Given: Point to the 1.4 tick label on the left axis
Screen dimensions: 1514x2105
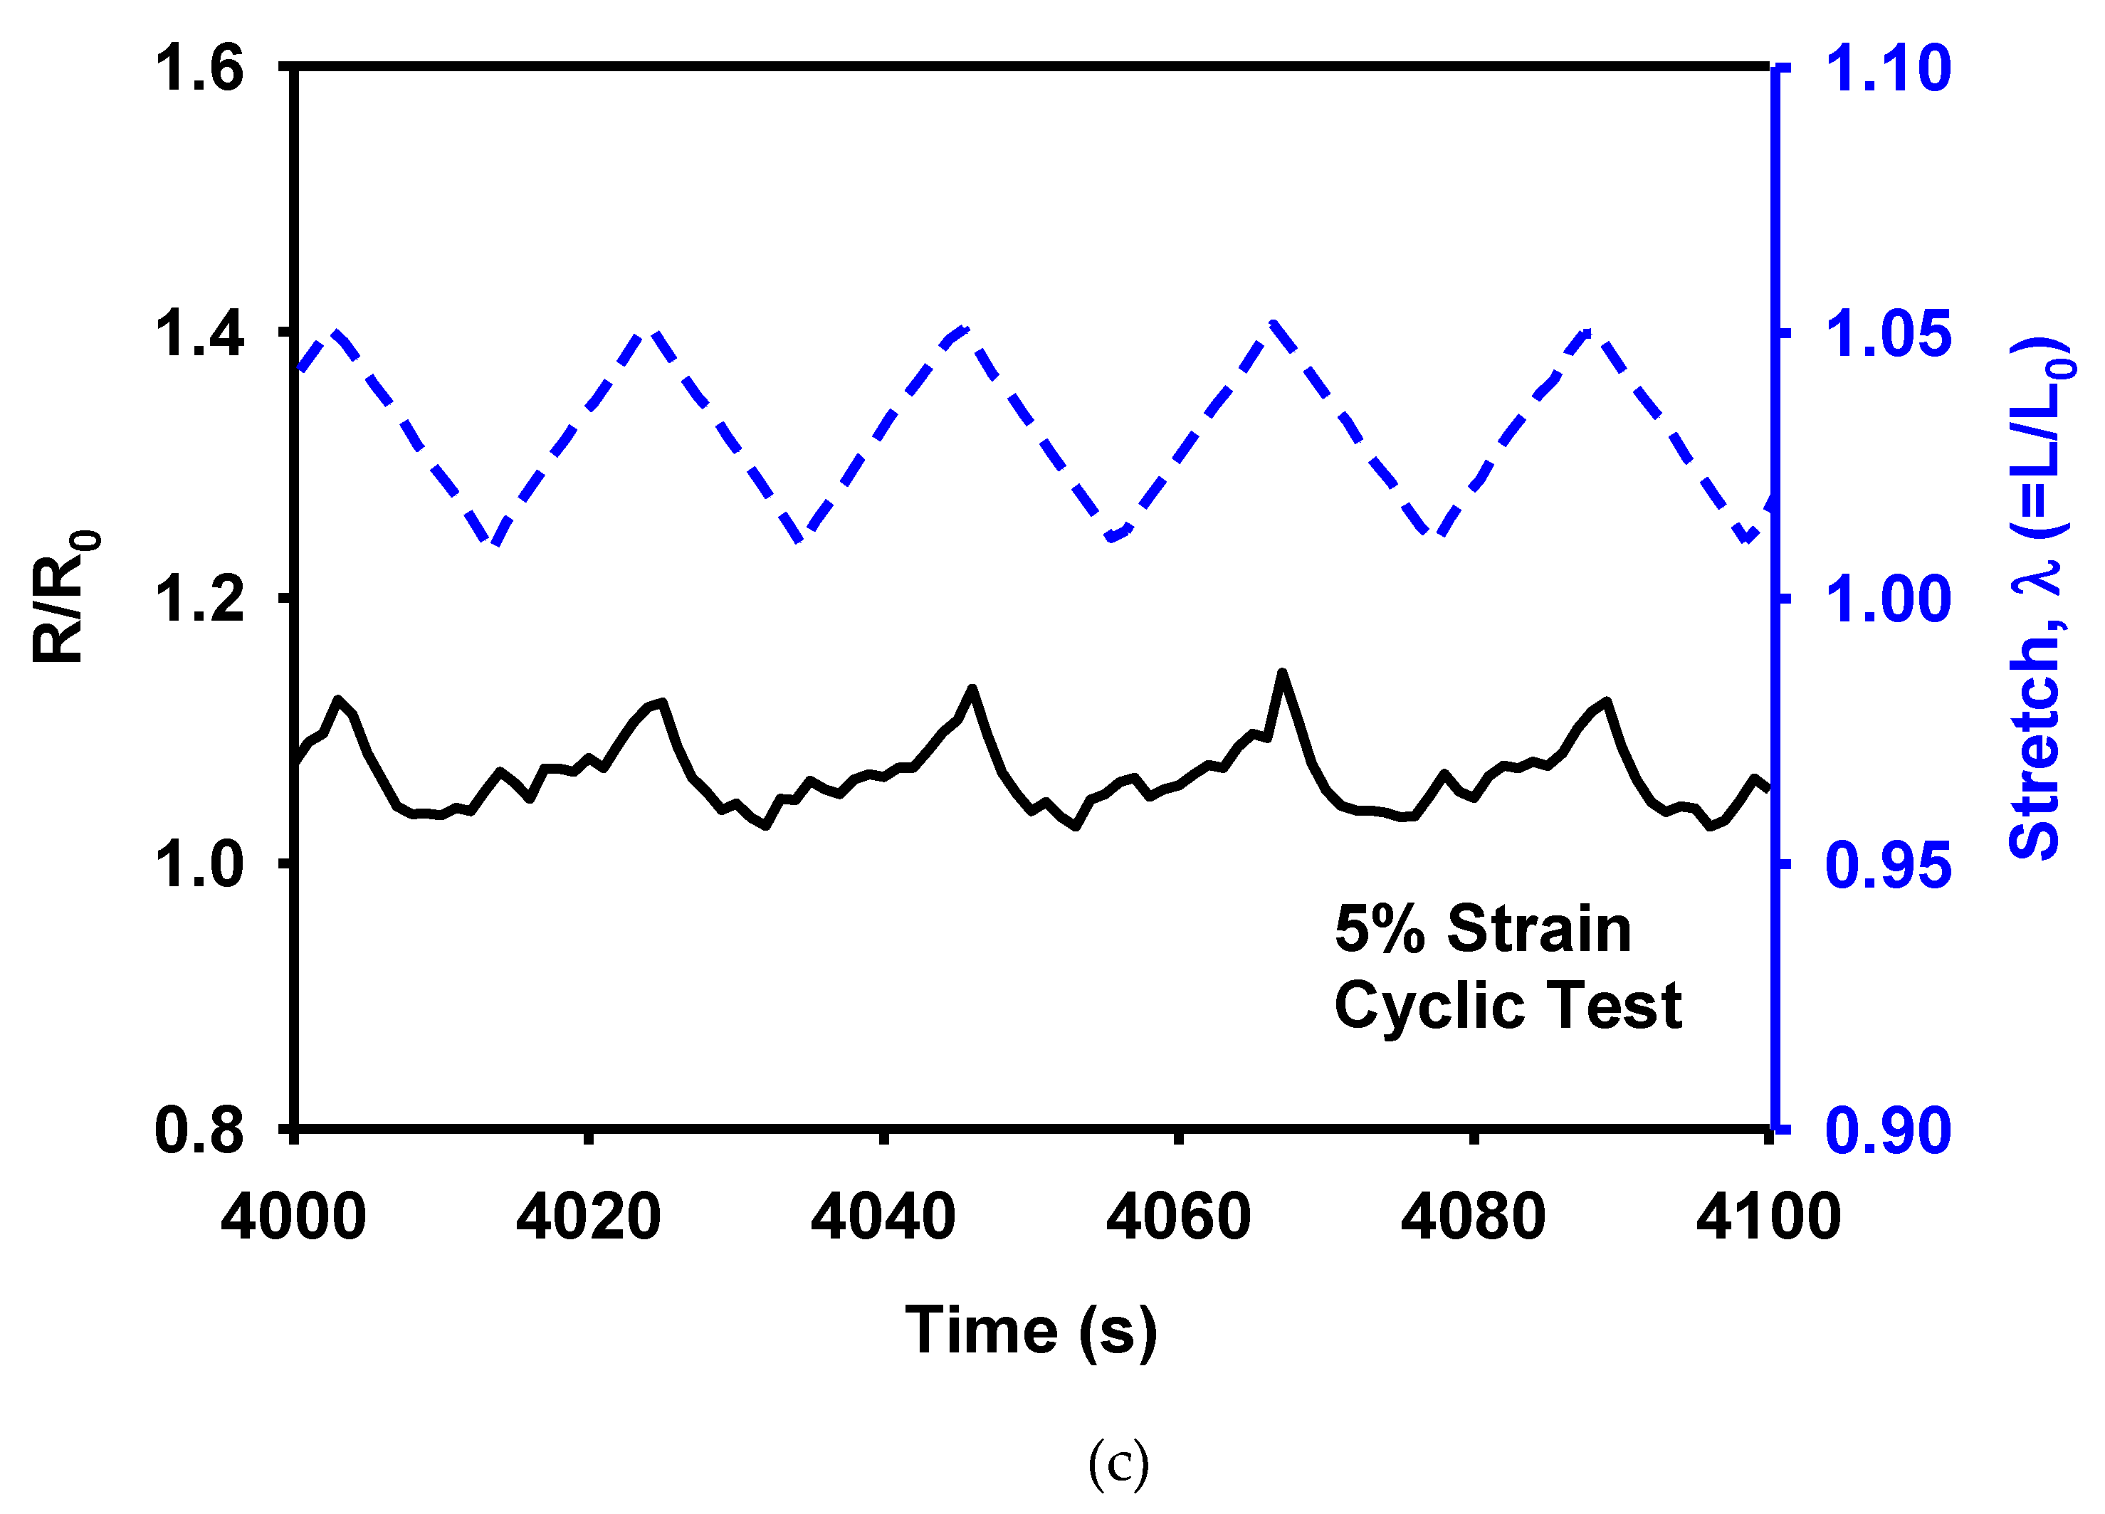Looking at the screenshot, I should pos(199,334).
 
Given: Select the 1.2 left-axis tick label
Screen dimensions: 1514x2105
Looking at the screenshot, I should pos(199,599).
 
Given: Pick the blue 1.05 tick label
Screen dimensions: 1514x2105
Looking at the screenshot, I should pos(1889,334).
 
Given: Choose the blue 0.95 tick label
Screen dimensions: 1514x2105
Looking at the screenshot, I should pos(1889,865).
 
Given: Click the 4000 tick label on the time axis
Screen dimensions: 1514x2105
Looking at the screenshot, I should pos(293,1217).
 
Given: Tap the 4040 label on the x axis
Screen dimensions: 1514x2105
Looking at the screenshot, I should pos(883,1217).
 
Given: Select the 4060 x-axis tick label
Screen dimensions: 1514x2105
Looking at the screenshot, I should pos(1179,1217).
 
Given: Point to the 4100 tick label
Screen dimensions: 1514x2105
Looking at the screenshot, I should pos(1769,1217).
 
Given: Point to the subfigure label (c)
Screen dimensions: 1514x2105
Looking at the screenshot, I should pos(1118,1465).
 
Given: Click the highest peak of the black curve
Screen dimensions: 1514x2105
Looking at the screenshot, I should pos(1282,672).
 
